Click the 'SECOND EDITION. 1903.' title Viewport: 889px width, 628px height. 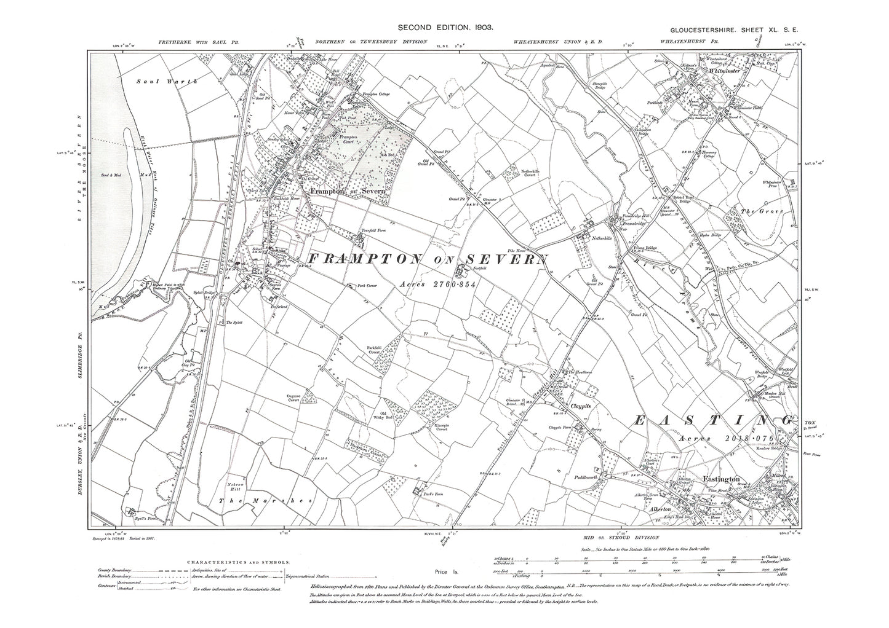[446, 28]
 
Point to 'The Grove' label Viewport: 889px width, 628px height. [755, 212]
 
